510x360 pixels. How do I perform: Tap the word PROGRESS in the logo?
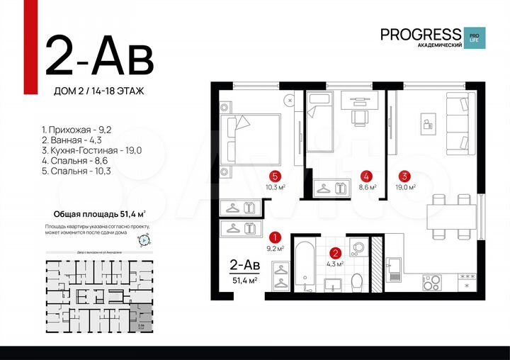tap(420, 33)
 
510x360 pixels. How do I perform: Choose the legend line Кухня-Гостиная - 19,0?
tap(92, 151)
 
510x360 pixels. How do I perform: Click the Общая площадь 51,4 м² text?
tap(100, 213)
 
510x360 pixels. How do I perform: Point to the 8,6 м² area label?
tap(367, 188)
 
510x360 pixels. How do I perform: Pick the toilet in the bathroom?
tap(358, 281)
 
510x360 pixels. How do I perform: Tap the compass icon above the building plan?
tap(144, 240)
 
